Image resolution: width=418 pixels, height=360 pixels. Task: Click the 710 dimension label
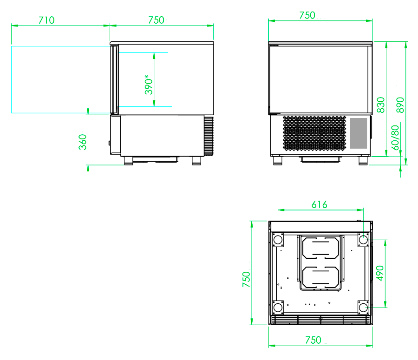46,20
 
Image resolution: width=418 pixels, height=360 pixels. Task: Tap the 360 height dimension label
83,142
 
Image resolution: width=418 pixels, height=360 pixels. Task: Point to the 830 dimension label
381,105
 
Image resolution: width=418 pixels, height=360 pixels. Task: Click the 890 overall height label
400,105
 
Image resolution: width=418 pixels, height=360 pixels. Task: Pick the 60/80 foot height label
395,137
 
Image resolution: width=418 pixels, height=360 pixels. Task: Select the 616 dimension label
320,204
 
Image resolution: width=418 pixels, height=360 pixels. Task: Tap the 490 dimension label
380,273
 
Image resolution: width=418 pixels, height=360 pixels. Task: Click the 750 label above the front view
307,15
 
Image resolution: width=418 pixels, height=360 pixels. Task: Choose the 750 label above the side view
156,20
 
